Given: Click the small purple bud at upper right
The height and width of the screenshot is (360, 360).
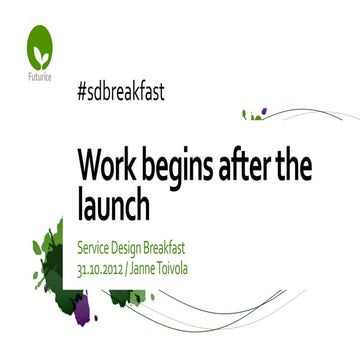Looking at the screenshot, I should click(263, 114).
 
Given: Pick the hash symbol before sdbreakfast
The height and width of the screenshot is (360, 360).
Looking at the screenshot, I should click(81, 92).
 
